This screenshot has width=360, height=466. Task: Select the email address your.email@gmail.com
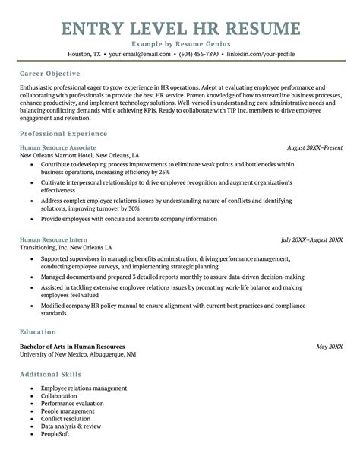coord(139,55)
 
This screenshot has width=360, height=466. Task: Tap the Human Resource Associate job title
coord(58,147)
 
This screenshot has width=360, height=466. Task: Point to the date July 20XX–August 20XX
coord(311,239)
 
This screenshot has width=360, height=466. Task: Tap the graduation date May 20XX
coord(329,346)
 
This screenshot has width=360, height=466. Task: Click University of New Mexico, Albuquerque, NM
coord(78,354)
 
